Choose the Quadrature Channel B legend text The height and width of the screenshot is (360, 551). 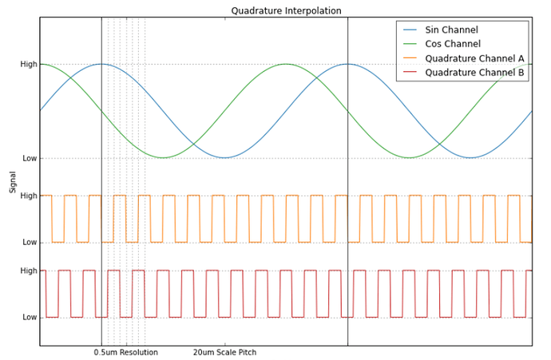474,73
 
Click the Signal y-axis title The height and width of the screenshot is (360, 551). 13,181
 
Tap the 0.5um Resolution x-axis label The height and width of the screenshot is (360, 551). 125,353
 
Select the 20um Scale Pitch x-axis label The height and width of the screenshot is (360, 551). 224,353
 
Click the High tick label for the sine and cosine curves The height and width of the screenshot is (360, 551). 29,64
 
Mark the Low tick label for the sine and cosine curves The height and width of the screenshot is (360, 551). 30,158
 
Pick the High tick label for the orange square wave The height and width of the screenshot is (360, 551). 29,196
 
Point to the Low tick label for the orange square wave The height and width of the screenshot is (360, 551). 30,242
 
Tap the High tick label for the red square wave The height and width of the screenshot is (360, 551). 29,271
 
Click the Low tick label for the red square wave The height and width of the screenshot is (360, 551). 30,317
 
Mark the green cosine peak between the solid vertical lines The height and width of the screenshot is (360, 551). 286,64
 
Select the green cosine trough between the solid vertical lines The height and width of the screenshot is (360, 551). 163,157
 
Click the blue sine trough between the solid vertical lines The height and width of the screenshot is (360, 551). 224,157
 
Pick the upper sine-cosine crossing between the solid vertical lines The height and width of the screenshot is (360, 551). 316,77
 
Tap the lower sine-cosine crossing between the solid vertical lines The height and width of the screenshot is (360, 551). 193,144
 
